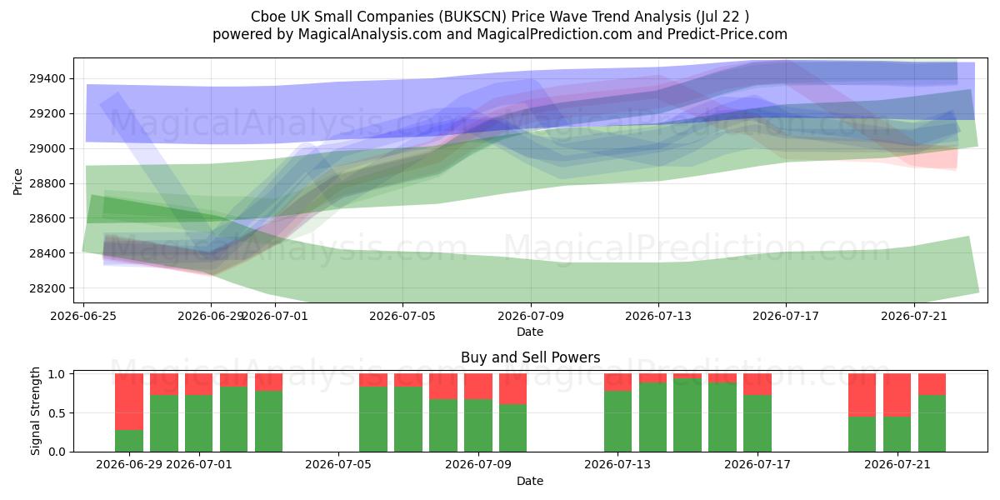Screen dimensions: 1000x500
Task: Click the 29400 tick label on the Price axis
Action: click(47, 79)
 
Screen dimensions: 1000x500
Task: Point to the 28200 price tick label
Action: click(47, 289)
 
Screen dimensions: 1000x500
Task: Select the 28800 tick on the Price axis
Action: click(47, 184)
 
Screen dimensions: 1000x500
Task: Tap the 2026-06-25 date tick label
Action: click(83, 317)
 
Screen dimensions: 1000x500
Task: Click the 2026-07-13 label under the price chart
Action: click(658, 317)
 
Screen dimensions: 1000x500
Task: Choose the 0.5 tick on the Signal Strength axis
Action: click(57, 413)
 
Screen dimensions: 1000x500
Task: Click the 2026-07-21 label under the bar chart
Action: click(897, 465)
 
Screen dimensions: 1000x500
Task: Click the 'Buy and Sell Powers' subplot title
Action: click(530, 357)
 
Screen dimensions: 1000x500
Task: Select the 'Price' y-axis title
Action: click(17, 182)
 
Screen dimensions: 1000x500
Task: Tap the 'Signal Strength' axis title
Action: click(35, 411)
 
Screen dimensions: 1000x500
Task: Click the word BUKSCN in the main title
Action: click(472, 17)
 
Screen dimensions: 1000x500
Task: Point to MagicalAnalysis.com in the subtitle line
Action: click(370, 34)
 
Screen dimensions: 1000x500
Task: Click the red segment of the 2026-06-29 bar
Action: click(129, 402)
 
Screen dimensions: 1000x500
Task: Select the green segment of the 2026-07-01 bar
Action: click(198, 423)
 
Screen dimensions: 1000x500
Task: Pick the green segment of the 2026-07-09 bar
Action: click(478, 426)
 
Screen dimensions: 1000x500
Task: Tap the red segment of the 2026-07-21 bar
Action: click(897, 395)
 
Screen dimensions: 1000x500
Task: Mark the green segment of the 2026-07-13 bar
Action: click(617, 422)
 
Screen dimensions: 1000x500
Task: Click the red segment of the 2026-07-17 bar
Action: click(757, 384)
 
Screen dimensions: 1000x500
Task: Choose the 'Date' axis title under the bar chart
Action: click(530, 482)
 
